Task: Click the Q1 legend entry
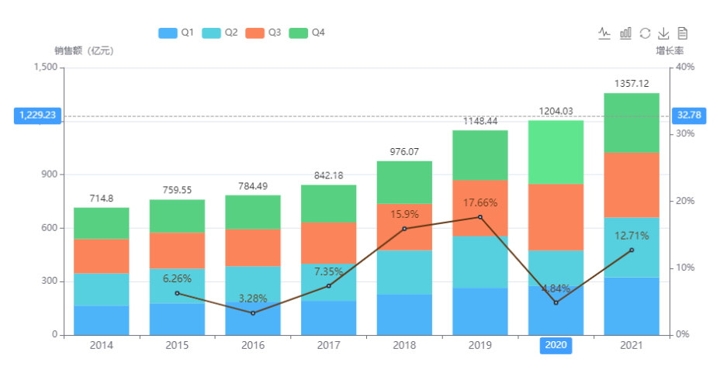click(176, 33)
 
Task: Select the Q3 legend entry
click(263, 33)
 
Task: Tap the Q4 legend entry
click(306, 33)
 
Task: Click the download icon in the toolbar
click(663, 33)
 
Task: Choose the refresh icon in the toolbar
click(645, 33)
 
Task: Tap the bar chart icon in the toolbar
click(625, 33)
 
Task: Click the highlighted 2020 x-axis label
click(556, 345)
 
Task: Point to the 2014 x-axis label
click(102, 345)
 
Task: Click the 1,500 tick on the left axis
click(46, 67)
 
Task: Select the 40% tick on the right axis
click(685, 67)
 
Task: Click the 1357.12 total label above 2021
click(631, 83)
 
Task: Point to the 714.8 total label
click(102, 198)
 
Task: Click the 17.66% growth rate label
click(480, 203)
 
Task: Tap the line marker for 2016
click(253, 312)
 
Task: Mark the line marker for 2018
click(404, 229)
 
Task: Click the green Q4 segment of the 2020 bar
click(556, 152)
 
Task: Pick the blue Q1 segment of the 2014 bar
click(102, 319)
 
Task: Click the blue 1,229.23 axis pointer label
click(36, 116)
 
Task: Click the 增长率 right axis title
click(669, 50)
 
